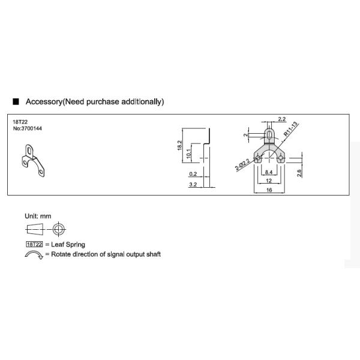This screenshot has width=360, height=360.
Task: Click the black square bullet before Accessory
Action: point(16,101)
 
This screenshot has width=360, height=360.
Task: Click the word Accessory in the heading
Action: point(44,102)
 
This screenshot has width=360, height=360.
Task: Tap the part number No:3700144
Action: point(28,128)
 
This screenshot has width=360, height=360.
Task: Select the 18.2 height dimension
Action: point(179,145)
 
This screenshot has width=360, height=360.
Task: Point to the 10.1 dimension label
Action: point(188,154)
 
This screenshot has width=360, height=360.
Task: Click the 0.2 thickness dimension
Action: point(193,174)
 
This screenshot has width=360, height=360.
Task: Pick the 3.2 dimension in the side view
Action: point(193,185)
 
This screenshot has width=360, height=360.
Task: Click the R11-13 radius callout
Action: point(291,130)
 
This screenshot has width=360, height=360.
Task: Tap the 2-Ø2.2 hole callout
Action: point(242,164)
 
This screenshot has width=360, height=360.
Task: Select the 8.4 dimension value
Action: point(269,172)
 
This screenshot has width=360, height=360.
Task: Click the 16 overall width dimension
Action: point(269,190)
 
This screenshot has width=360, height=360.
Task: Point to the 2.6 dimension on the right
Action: point(299,173)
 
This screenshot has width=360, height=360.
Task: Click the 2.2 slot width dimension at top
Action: point(282,119)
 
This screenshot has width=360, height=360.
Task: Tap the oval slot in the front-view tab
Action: point(269,134)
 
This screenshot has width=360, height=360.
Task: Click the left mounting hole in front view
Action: point(258,158)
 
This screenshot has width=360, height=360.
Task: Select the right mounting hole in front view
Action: point(280,158)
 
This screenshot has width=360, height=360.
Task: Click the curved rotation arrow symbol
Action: point(34,255)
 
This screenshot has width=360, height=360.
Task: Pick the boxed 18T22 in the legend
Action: point(34,244)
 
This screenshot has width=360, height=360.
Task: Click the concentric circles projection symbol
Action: point(59,229)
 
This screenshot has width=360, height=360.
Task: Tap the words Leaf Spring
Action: point(68,245)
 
